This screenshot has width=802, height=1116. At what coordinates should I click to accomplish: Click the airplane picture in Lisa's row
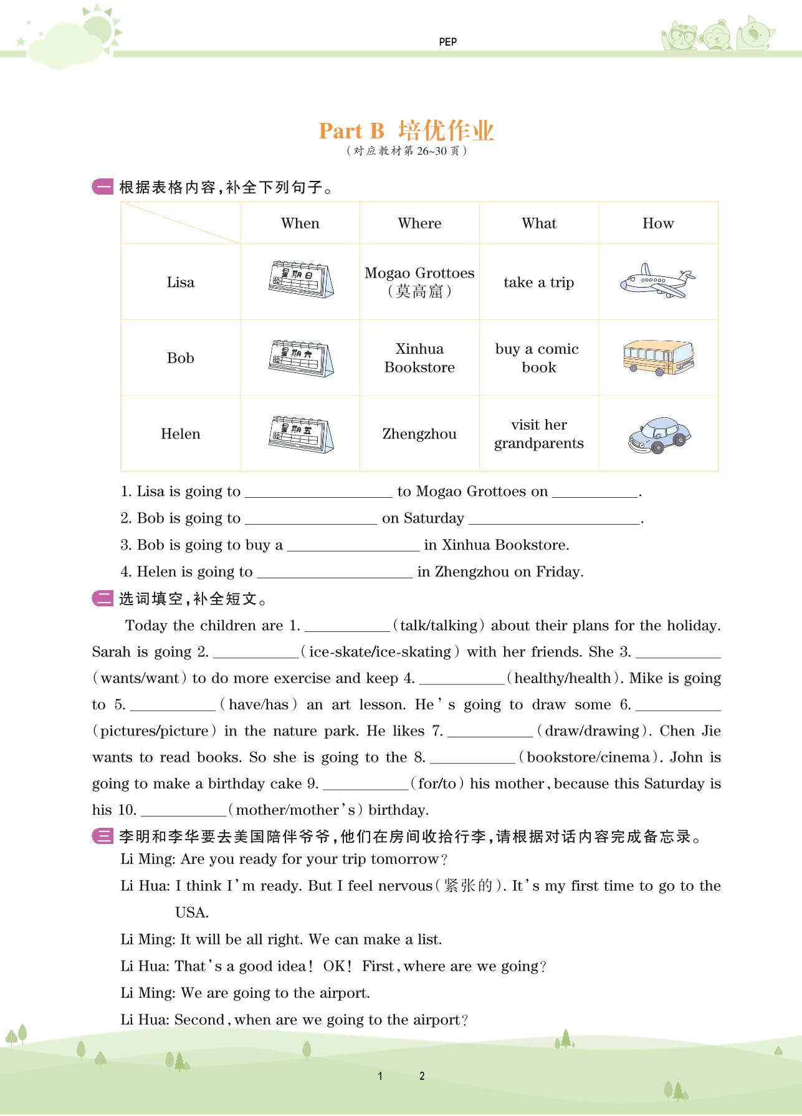pos(657,282)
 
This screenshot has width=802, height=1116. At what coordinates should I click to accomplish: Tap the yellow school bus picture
pos(657,357)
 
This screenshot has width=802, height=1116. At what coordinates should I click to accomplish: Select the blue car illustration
pos(659,435)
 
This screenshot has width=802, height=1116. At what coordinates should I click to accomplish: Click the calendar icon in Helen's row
pos(300,434)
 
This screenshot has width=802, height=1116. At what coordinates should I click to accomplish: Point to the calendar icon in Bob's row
pos(300,358)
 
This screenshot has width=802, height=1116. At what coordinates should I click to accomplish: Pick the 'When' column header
pos(300,223)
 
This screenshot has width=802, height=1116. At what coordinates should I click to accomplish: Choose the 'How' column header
pos(658,223)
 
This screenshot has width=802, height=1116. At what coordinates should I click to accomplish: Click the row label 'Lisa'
pos(181,283)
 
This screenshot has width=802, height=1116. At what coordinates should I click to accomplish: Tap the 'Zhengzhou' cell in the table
pos(419,434)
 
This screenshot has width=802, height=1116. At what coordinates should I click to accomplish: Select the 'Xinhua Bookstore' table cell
pos(419,358)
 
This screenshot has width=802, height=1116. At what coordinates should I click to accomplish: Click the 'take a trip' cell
pos(538,283)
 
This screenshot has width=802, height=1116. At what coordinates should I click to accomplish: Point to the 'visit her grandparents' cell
pos(538,434)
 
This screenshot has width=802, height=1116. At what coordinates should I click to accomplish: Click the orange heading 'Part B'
pos(351,131)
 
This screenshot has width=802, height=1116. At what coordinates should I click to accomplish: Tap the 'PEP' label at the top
pos(447,42)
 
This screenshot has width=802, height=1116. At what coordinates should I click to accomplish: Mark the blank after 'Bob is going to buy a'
pos(353,545)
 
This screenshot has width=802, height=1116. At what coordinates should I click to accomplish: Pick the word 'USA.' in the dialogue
pos(192,913)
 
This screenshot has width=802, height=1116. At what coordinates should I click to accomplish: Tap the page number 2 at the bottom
pos(422,1075)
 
